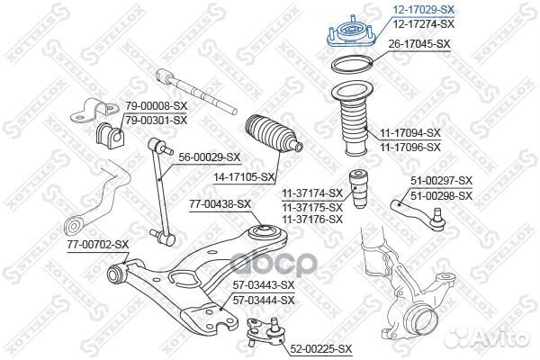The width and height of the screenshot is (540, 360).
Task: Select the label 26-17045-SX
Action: pyautogui.click(x=420, y=42)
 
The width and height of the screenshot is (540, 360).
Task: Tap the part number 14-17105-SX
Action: pyautogui.click(x=243, y=176)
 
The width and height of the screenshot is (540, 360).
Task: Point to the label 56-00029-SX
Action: pyautogui.click(x=210, y=156)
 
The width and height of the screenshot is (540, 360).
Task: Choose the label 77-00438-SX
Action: pyautogui.click(x=220, y=204)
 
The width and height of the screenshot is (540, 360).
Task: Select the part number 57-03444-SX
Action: pyautogui.click(x=264, y=299)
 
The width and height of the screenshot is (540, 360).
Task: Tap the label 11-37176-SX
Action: pyautogui.click(x=312, y=219)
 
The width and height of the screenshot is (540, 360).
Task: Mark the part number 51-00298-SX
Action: pyautogui.click(x=442, y=194)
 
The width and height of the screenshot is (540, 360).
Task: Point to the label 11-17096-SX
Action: pyautogui.click(x=409, y=146)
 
